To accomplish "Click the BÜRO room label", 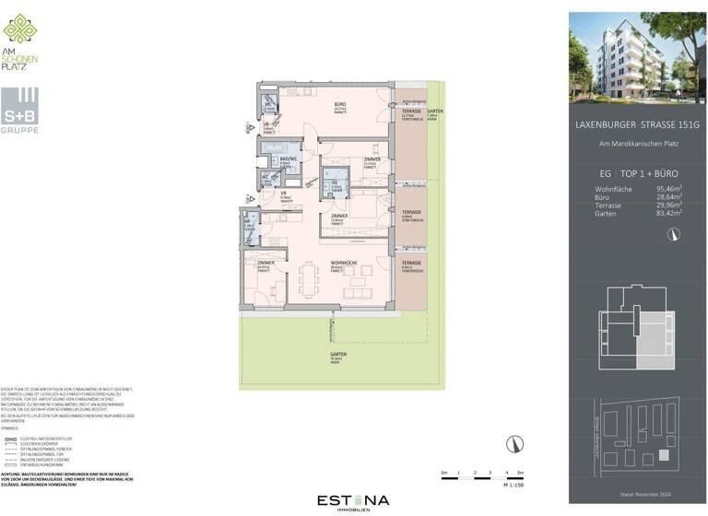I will click(339, 106).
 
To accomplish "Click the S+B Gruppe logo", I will click(21, 111).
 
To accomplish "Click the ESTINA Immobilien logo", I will click(353, 501).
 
